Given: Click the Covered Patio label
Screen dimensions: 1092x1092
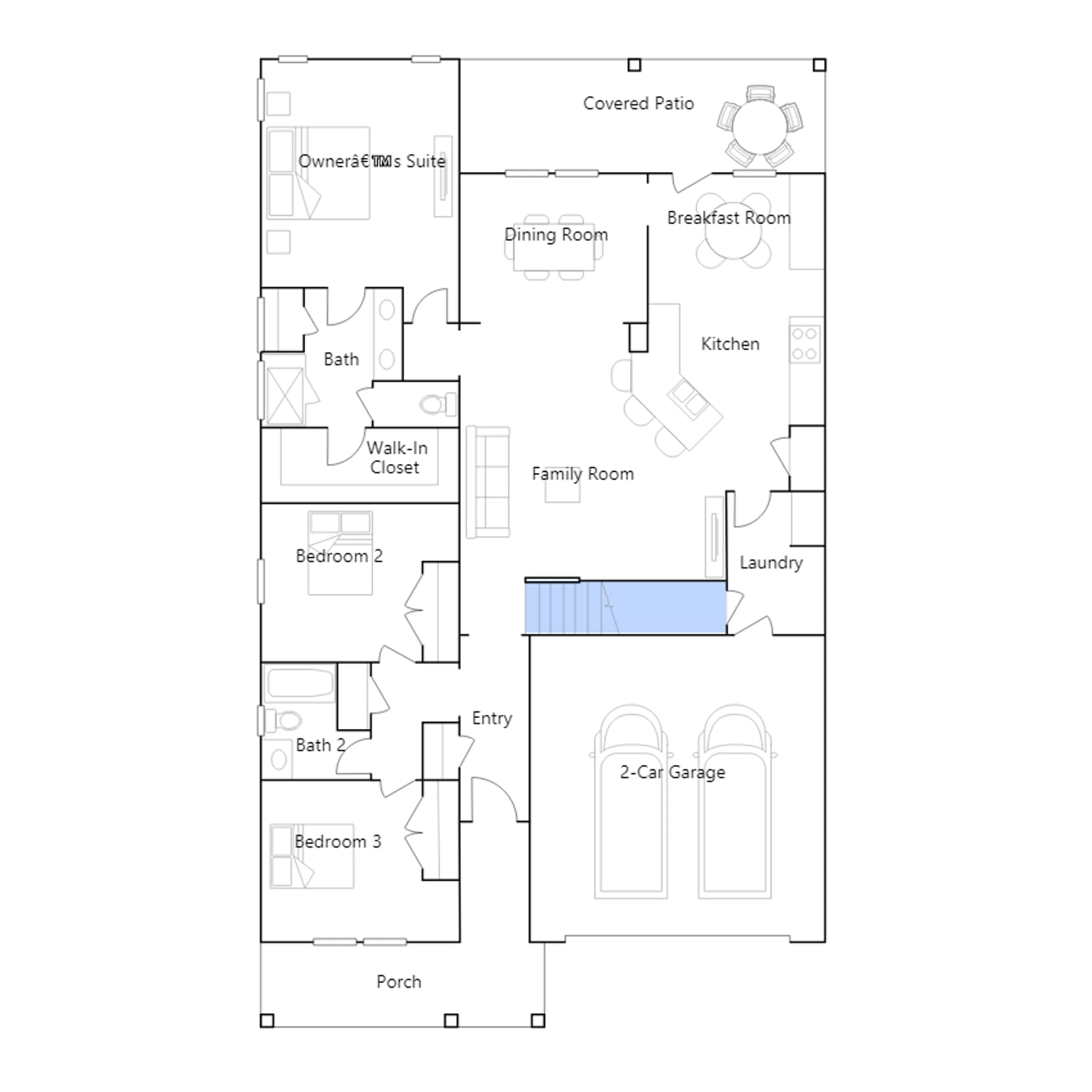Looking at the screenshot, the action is pos(638,103).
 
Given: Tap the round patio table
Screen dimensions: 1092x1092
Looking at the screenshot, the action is pos(760,126).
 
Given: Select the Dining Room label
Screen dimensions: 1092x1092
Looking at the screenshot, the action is pos(556,235).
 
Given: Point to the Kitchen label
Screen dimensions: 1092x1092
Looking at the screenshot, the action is pos(730,344).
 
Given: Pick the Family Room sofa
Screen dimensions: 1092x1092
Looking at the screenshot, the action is pos(488,482).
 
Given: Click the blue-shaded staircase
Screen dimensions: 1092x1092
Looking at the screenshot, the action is pos(625,607).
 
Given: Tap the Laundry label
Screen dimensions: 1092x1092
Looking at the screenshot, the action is pos(771,563).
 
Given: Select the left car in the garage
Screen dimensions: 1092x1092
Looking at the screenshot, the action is pos(631,801).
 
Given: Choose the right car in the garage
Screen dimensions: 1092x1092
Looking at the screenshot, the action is pos(735,801).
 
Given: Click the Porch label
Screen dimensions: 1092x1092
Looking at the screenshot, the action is pos(399,982).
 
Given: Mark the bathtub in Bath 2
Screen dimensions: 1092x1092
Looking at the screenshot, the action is pos(300,683).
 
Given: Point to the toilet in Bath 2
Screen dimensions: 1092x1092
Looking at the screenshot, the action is pos(285,721).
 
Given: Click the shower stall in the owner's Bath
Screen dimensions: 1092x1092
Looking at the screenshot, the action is pos(285,396).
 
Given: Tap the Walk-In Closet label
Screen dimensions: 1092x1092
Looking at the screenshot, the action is pos(397,458).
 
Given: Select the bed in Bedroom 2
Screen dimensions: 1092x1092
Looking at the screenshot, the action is pos(340,553).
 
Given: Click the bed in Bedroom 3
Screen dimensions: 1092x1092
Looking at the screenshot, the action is pos(312,856).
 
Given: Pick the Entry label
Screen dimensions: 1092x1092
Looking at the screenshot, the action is pos(492,719).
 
